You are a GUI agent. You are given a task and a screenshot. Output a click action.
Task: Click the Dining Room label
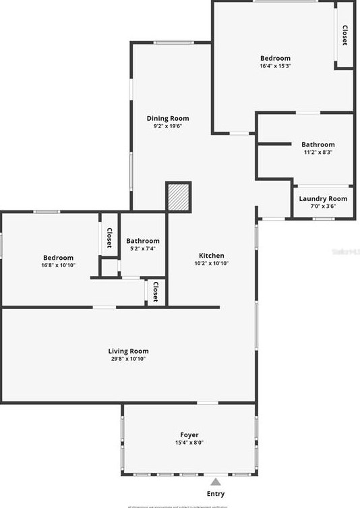tap(168, 118)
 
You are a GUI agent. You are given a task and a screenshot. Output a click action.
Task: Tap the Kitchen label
tap(211, 256)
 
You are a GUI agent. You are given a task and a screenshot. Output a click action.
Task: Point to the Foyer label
tap(189, 434)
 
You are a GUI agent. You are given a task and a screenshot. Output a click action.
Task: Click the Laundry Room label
tap(323, 198)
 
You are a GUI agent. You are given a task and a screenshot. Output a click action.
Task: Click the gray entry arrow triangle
tap(215, 482)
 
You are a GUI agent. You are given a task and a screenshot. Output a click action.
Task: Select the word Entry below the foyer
tap(216, 494)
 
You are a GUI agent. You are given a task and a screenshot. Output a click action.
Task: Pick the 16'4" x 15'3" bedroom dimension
tap(275, 66)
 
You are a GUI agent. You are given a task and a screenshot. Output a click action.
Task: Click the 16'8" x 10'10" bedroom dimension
tap(59, 265)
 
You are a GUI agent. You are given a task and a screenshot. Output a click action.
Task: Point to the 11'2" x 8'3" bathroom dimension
tap(318, 152)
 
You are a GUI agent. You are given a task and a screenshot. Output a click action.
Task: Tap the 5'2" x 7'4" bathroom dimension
tap(142, 248)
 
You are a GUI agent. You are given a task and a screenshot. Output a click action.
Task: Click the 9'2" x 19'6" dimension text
tap(168, 125)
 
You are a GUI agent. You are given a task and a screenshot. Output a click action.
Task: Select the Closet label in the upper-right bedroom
tap(344, 36)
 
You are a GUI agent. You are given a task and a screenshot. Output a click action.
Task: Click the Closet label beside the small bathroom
tap(109, 237)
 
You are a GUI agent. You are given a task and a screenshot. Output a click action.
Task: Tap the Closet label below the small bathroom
tap(155, 292)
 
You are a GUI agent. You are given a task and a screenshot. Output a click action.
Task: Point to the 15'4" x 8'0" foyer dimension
tap(189, 443)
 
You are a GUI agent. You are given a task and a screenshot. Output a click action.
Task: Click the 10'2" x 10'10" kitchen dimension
tap(211, 263)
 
